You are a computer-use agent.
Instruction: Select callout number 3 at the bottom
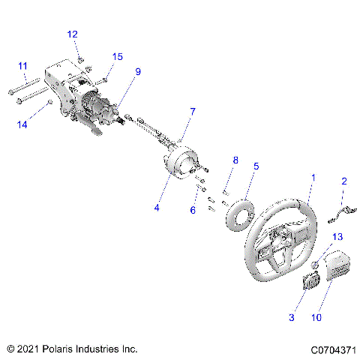click(x=291, y=318)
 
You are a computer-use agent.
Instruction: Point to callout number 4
click(x=157, y=208)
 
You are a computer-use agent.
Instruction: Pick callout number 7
click(x=192, y=112)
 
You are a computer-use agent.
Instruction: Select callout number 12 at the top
click(x=72, y=34)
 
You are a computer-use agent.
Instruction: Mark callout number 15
click(x=117, y=57)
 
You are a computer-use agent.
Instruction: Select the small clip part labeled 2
click(x=340, y=217)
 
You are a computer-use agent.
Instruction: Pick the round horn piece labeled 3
click(x=310, y=284)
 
